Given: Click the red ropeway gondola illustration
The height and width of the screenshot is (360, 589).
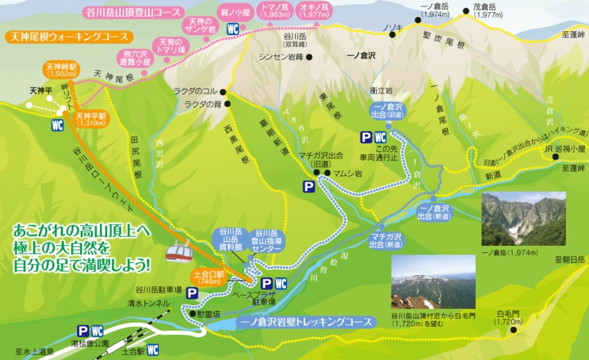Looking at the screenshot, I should pos(178,250).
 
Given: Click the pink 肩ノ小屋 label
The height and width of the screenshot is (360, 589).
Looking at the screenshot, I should pos(232,11).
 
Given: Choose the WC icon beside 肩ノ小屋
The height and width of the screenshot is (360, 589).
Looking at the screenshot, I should pos(232,29).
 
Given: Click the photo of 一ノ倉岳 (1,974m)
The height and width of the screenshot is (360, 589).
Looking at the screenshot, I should pos(523,219).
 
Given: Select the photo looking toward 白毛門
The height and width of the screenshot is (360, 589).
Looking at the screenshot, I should pos(433,282).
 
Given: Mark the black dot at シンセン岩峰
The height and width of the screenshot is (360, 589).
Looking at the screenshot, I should pos(310,57).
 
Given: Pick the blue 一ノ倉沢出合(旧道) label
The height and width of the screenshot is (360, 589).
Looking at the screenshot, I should pos(389,111).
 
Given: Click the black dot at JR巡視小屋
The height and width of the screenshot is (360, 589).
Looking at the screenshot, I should pos(555,157).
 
